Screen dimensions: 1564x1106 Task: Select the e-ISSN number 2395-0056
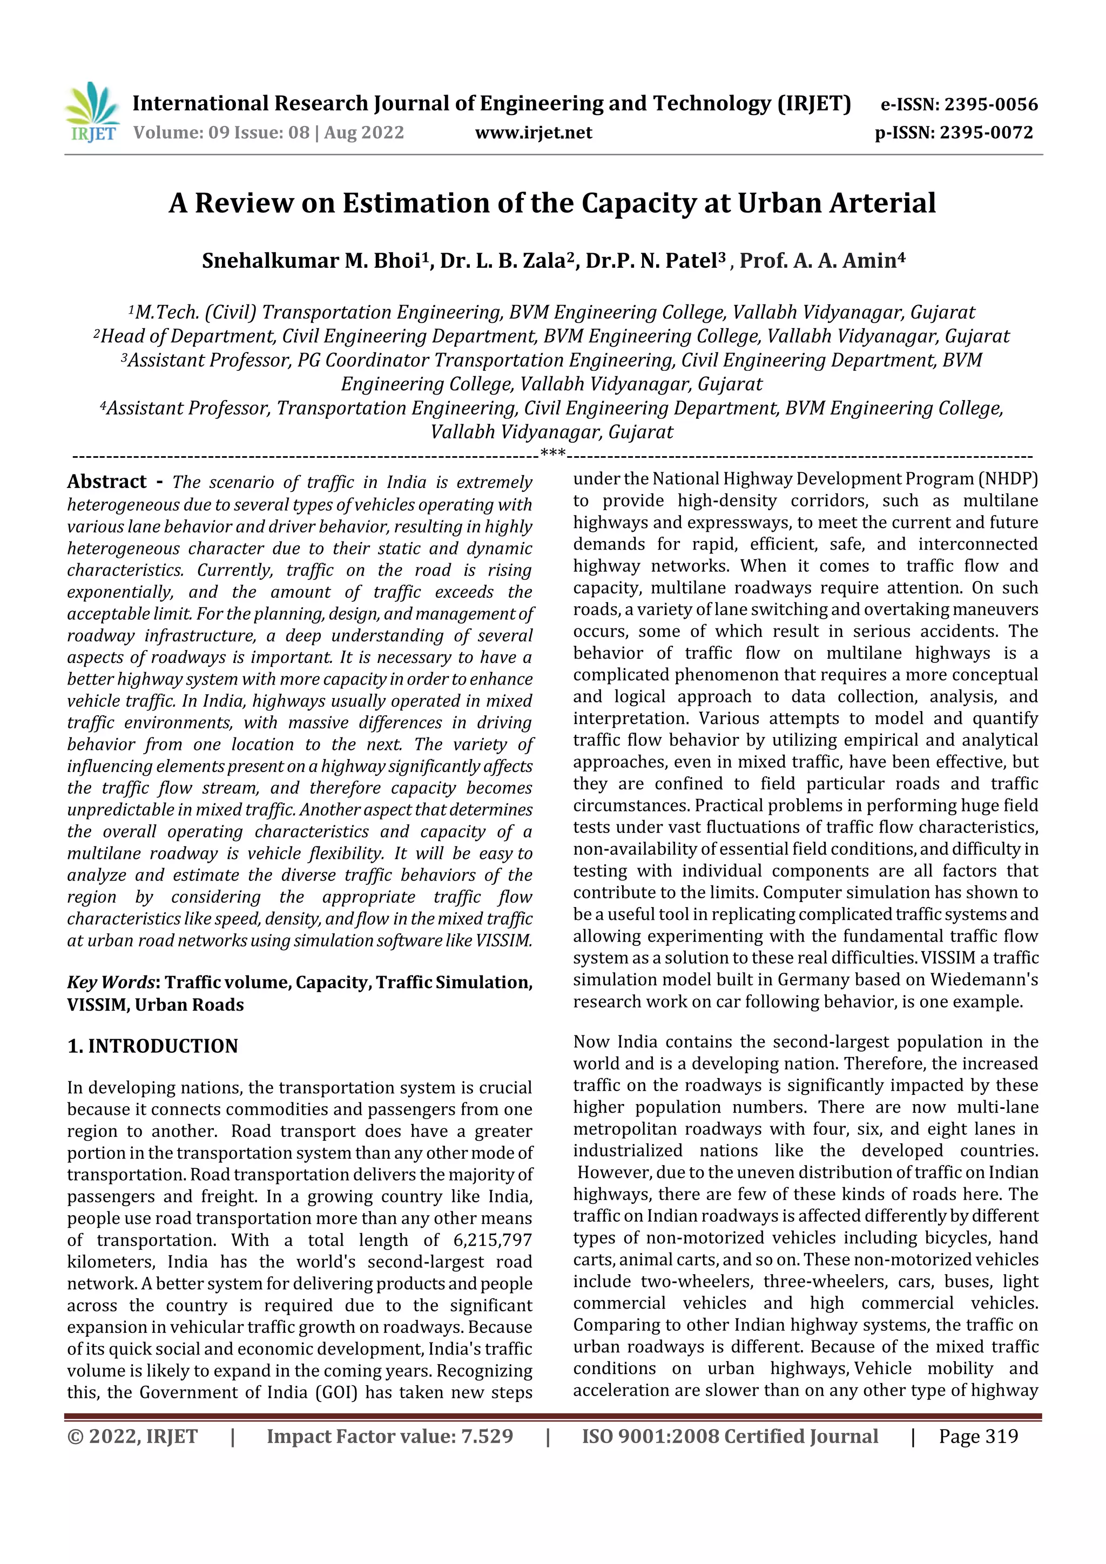(990, 105)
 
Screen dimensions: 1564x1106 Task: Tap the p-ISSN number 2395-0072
(986, 133)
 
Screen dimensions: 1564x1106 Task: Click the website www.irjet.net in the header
(533, 133)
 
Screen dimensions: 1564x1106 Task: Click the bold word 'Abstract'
(107, 482)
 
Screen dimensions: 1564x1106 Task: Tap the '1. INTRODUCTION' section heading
(153, 1046)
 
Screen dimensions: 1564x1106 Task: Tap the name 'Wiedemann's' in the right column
(984, 979)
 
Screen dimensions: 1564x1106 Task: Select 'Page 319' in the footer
(978, 1437)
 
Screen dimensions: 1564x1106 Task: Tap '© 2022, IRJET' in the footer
(132, 1437)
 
